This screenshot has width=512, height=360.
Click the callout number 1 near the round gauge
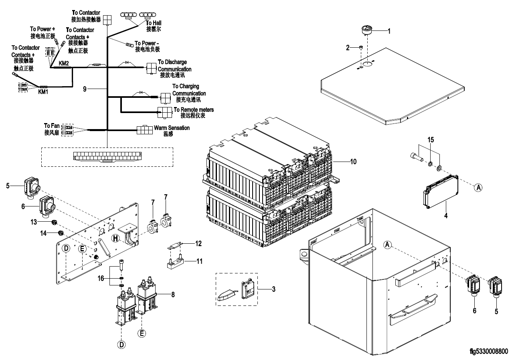pyautogui.click(x=388, y=30)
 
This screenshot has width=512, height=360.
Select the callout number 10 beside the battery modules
pyautogui.click(x=353, y=162)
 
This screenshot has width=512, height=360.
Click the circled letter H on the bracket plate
pyautogui.click(x=115, y=238)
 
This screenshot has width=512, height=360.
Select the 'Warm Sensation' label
pyautogui.click(x=172, y=128)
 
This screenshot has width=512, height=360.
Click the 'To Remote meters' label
pyautogui.click(x=194, y=109)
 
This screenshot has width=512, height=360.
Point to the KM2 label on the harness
pyautogui.click(x=64, y=63)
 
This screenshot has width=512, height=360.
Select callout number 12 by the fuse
pyautogui.click(x=198, y=243)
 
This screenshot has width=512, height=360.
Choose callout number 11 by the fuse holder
pyautogui.click(x=198, y=261)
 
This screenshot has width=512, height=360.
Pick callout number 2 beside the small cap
pyautogui.click(x=348, y=48)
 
